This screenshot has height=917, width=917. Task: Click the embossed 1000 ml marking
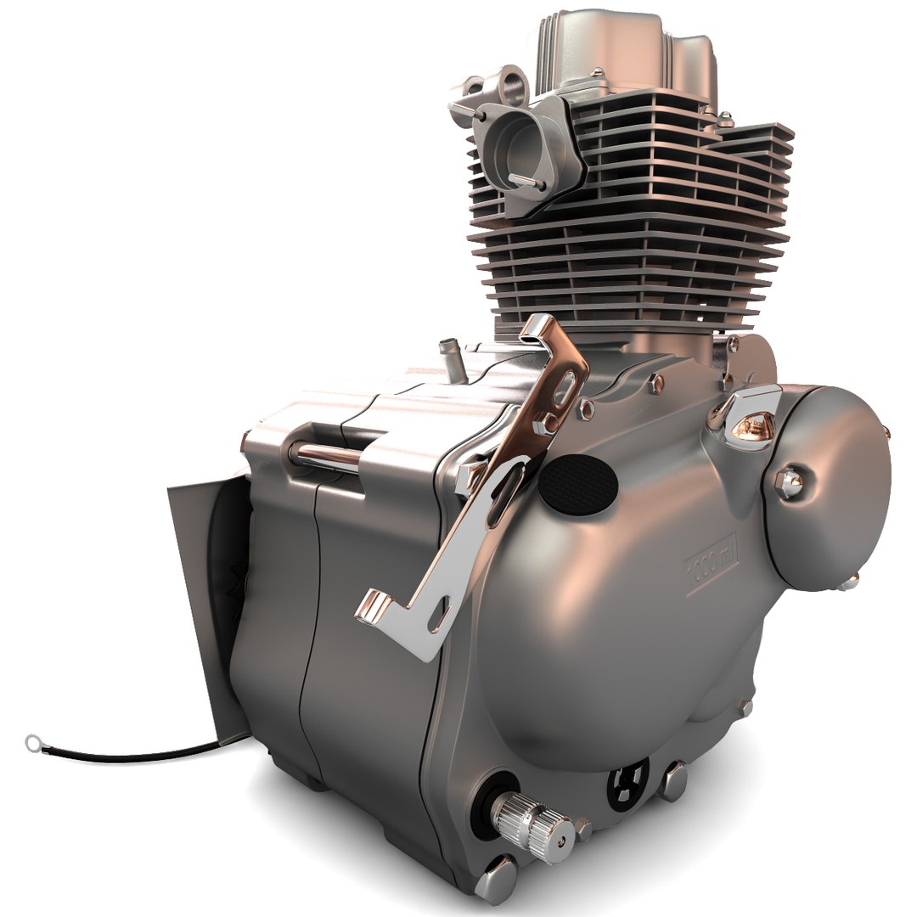click(712, 561)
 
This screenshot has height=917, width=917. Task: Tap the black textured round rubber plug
click(578, 486)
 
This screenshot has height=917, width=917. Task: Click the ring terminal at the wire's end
click(34, 743)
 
